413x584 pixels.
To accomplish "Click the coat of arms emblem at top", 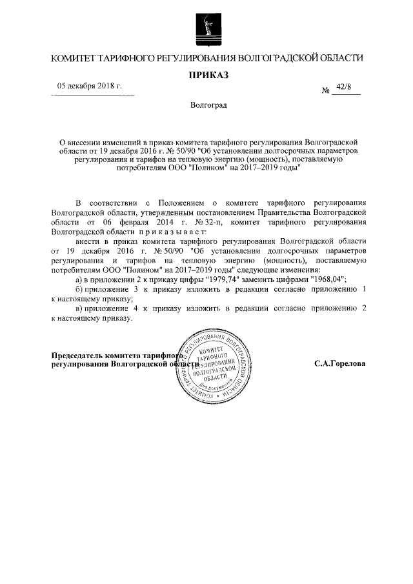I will [207, 28].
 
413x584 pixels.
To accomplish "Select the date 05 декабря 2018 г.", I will [90, 86].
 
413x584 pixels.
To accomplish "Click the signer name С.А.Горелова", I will [339, 364].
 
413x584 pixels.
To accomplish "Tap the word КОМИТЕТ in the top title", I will [77, 59].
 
